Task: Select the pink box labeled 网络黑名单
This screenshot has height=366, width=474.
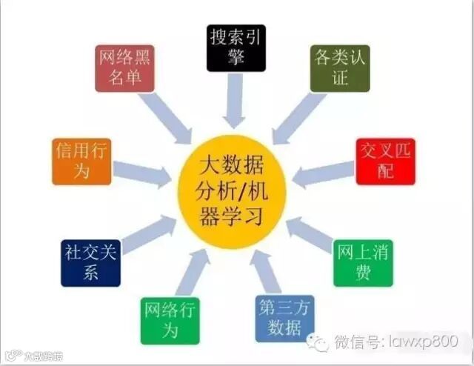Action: click(124, 67)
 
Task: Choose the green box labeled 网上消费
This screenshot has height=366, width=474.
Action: click(362, 262)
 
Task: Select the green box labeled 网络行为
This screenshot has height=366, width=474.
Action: click(170, 320)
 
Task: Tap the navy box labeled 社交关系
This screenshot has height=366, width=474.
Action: click(90, 262)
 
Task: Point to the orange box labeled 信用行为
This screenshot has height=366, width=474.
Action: click(82, 161)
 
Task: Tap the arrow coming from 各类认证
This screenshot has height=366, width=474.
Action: click(296, 119)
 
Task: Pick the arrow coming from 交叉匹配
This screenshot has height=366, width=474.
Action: click(323, 174)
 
